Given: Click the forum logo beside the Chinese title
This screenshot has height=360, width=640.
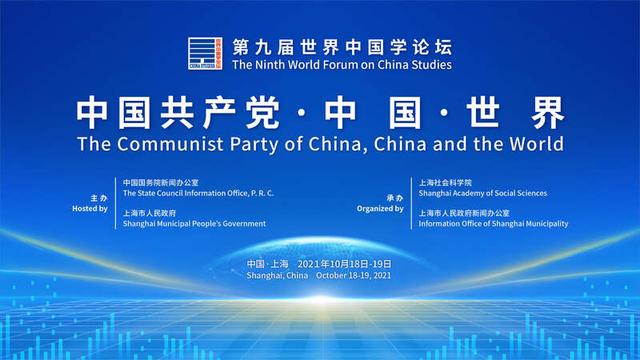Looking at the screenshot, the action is click(x=205, y=53).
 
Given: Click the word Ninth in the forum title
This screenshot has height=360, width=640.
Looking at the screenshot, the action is click(x=270, y=65).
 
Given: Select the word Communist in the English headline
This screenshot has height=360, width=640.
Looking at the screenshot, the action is click(x=170, y=144).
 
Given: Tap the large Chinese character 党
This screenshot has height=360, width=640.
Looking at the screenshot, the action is click(x=262, y=113).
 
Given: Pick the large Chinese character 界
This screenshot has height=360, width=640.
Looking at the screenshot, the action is click(x=547, y=113).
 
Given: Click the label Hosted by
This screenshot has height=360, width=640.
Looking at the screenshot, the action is click(x=90, y=209).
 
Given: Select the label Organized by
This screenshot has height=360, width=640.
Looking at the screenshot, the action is click(x=380, y=209).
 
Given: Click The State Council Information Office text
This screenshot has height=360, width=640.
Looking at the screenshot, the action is click(x=198, y=193).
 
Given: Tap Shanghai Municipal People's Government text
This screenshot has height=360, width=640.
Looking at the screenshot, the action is click(x=194, y=224).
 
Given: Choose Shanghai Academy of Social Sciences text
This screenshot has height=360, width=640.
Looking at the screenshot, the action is click(x=482, y=193).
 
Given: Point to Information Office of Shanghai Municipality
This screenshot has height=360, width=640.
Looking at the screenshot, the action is click(x=493, y=224).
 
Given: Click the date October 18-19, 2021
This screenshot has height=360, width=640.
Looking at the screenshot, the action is click(x=353, y=276).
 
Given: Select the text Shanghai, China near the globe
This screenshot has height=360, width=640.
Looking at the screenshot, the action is click(x=277, y=276).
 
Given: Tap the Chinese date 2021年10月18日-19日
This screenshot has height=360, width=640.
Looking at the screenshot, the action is click(x=344, y=264).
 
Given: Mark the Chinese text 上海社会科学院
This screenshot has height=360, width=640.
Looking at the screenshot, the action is click(x=445, y=182).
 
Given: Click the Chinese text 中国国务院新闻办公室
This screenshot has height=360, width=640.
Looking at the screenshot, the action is click(x=161, y=182).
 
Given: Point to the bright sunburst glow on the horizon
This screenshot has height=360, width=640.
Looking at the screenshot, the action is click(x=321, y=300).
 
